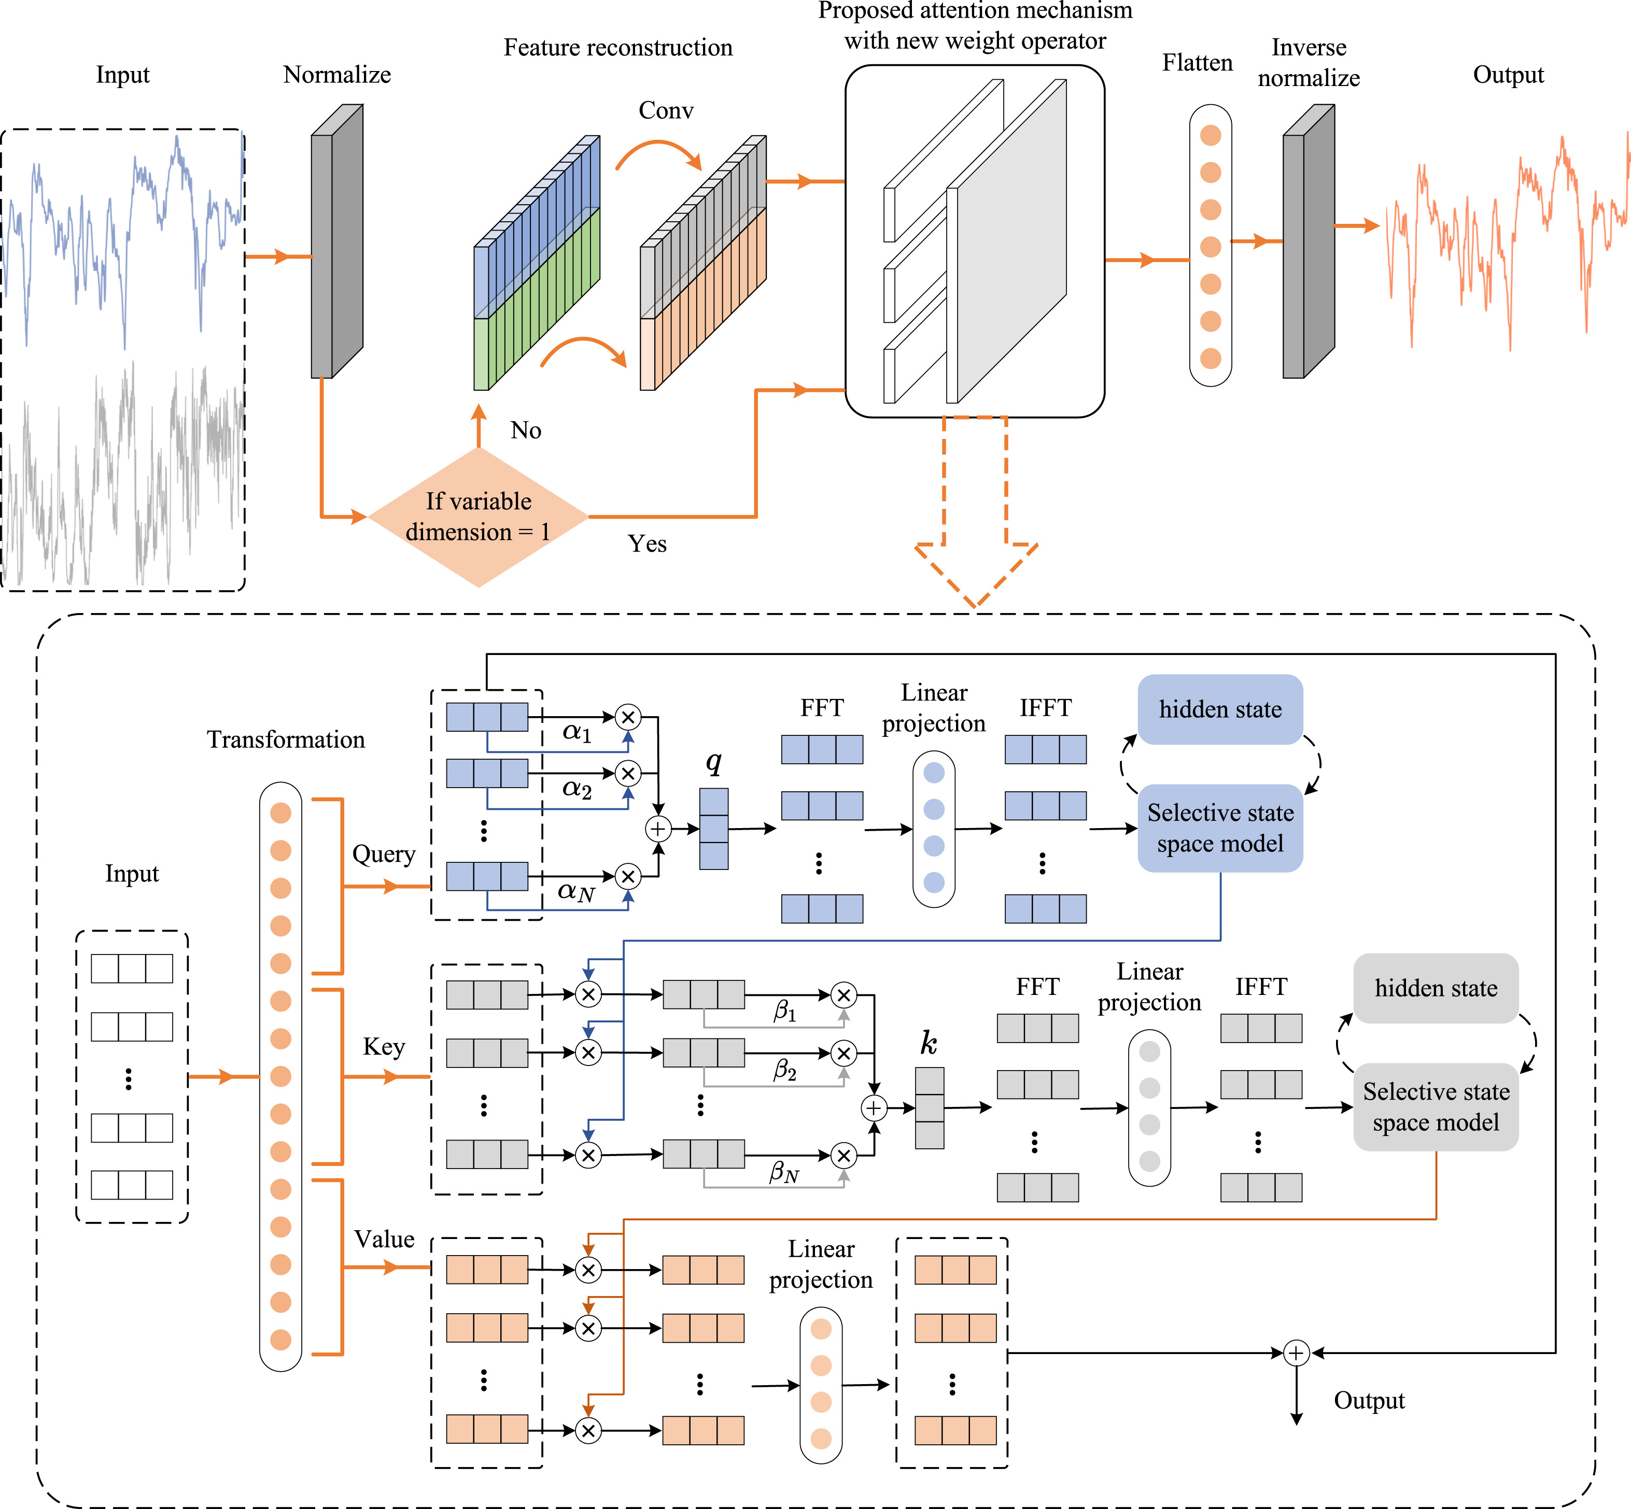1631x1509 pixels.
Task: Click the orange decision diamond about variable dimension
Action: (479, 517)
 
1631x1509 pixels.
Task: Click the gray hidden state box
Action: (1435, 988)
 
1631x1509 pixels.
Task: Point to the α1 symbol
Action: (577, 732)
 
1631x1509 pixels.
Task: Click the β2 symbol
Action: (784, 1070)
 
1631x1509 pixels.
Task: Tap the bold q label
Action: (713, 761)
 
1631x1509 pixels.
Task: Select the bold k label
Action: (929, 1043)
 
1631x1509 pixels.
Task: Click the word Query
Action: (383, 854)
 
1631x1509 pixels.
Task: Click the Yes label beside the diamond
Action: (647, 544)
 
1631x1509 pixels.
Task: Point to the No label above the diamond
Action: (526, 430)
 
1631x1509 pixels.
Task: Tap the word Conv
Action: (666, 110)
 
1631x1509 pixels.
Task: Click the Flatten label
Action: (1197, 63)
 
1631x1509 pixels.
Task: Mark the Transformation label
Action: (286, 740)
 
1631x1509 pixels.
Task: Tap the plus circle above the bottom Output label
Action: (1296, 1353)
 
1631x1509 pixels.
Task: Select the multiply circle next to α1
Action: (627, 717)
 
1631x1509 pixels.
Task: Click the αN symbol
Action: (576, 892)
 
